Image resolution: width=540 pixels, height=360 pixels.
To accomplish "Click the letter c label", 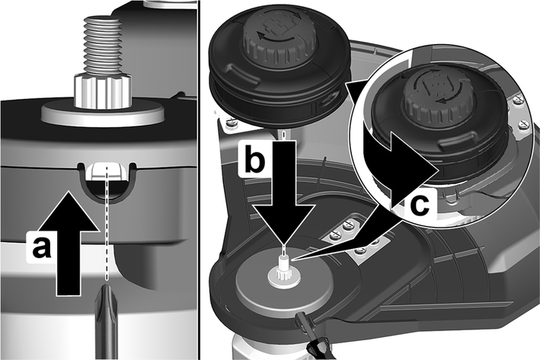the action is [420, 205].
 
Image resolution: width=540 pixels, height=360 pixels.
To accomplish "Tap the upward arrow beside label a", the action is [69, 243].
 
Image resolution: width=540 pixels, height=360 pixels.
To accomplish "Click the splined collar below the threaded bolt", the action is [103, 92].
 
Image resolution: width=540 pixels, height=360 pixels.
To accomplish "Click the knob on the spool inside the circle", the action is [436, 100].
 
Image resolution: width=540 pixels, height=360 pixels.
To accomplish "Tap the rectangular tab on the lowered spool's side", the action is [241, 77].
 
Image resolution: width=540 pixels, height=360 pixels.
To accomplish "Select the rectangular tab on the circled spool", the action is [456, 144].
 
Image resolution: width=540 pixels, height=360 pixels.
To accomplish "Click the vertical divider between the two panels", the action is [198, 180].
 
